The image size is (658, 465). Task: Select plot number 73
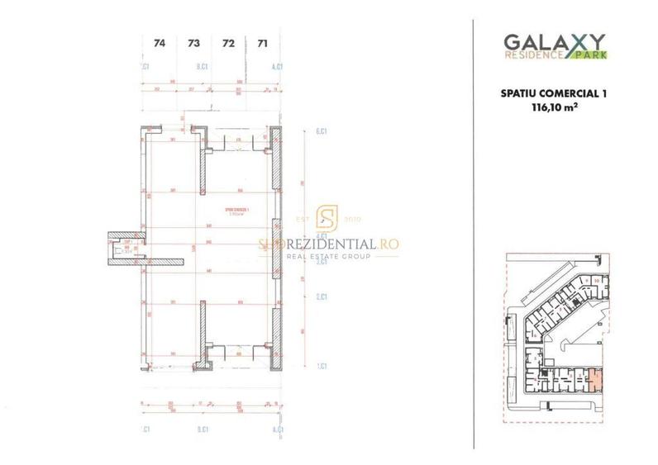click(194, 42)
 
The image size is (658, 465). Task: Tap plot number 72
click(229, 42)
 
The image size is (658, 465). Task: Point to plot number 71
click(263, 42)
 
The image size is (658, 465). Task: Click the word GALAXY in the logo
click(555, 42)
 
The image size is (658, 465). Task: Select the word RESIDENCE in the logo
click(534, 56)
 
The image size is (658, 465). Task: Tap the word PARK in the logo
click(587, 56)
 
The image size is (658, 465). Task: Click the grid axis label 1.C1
click(323, 363)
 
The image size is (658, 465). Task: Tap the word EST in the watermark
click(303, 220)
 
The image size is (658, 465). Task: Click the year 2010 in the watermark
click(353, 220)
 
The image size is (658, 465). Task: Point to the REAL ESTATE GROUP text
click(328, 256)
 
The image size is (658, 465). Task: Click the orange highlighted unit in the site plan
click(596, 382)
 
